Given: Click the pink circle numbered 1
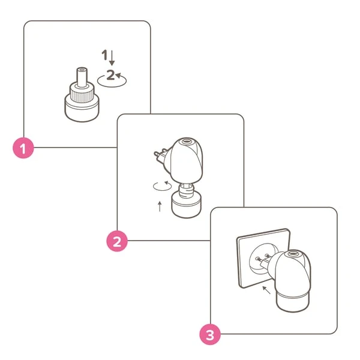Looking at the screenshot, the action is [23, 148].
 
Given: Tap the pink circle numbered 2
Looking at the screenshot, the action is [117, 241].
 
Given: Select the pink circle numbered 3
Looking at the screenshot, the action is [210, 335].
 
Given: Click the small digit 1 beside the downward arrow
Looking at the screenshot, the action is [104, 55].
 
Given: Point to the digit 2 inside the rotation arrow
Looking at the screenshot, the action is [110, 74].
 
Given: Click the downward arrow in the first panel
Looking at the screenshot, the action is [112, 58].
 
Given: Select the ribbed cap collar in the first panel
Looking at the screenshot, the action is [82, 94].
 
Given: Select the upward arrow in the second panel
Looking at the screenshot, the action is [160, 206].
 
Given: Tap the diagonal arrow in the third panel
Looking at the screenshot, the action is [266, 290].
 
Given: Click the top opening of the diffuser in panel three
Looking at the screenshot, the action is [292, 254].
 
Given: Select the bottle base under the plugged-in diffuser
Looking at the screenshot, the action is [293, 302].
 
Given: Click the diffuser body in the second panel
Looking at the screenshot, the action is [186, 161].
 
